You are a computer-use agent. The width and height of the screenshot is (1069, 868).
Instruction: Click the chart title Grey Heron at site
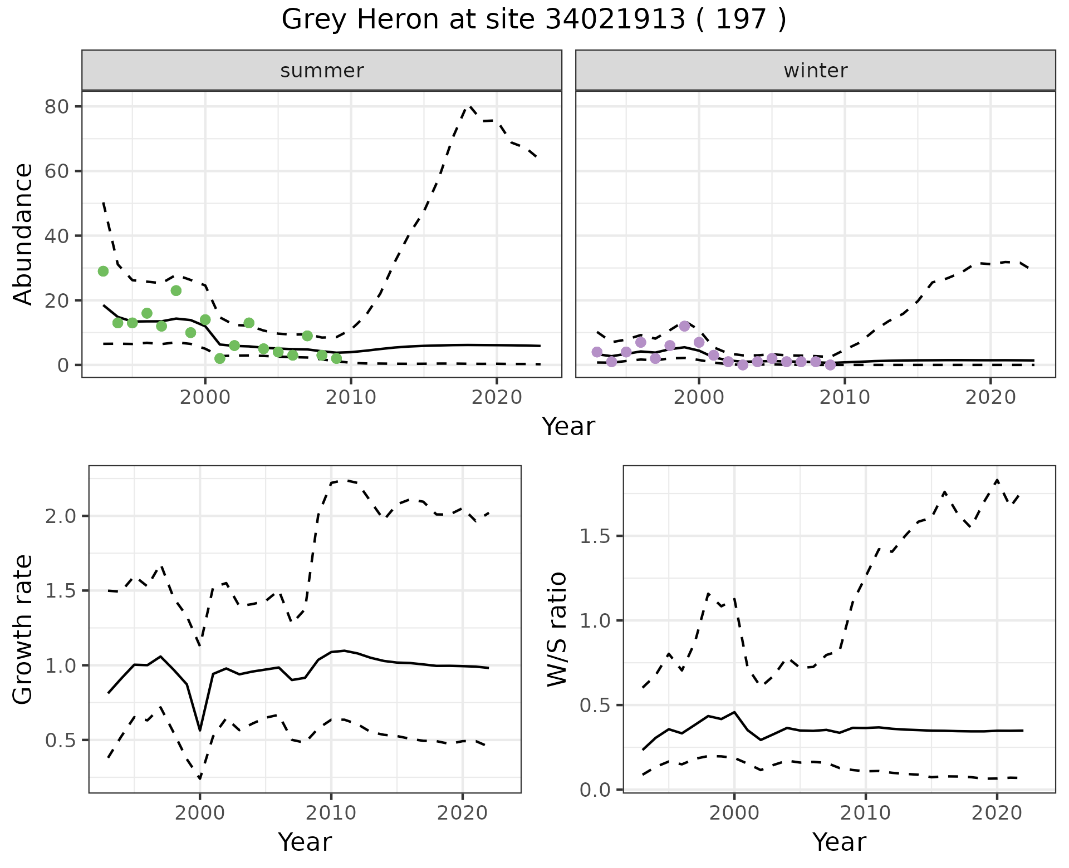533,20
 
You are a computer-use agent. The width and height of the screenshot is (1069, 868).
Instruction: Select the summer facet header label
322,71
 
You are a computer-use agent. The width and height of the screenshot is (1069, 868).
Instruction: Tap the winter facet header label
815,71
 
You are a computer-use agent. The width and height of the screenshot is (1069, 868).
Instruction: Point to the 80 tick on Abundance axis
56,106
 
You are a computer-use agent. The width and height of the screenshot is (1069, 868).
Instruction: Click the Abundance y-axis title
23,234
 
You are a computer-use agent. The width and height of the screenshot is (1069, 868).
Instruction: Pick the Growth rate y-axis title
23,629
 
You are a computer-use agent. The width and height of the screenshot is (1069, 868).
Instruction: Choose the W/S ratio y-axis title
557,629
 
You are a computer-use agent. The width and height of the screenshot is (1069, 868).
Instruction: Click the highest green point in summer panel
103,271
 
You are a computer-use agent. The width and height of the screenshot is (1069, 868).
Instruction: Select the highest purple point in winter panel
684,326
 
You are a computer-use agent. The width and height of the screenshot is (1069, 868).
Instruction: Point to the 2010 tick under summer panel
351,397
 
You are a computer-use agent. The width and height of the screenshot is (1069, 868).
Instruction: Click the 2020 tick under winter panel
990,397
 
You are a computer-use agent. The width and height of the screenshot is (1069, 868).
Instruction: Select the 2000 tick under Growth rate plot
200,813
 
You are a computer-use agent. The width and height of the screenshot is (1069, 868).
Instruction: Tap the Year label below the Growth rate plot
305,842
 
